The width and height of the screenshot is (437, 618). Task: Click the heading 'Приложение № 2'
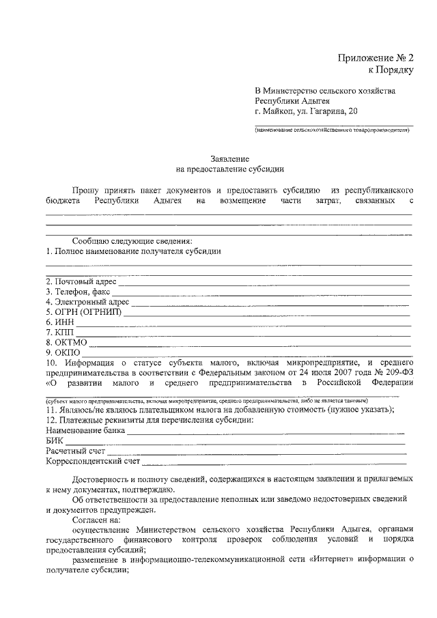click(x=375, y=57)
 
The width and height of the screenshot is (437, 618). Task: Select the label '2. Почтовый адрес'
click(x=81, y=281)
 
